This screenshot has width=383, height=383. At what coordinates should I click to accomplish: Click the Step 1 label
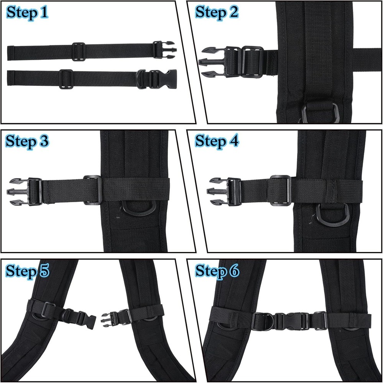[28, 13]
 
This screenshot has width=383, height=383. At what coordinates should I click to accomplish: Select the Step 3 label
[28, 141]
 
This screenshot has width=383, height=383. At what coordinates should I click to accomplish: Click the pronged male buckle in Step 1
[164, 50]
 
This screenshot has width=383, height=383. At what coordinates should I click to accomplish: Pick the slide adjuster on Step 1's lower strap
[66, 79]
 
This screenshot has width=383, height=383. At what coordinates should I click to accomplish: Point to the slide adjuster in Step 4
[281, 190]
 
